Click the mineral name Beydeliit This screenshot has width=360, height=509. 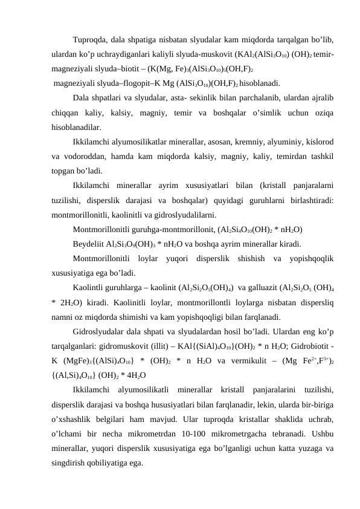[x=89, y=244]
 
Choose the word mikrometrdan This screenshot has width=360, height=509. [x=160, y=432]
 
